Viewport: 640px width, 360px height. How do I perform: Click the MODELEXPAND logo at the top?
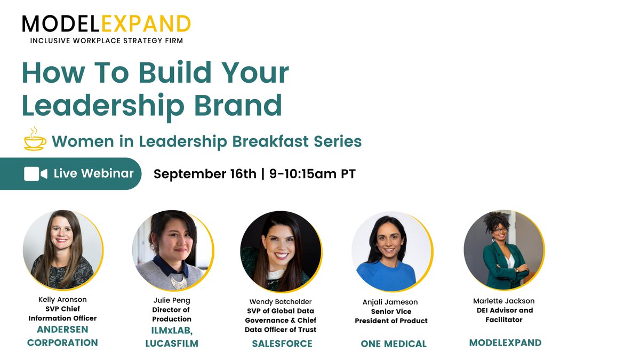point(106,23)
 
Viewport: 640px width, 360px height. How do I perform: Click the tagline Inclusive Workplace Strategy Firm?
point(106,41)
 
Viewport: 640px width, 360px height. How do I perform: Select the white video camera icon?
point(36,174)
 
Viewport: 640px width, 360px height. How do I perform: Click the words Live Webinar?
point(93,173)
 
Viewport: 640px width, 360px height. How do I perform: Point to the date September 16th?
point(205,174)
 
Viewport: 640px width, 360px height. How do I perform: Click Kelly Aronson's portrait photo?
point(62,250)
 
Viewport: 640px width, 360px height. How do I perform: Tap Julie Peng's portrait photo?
point(172,250)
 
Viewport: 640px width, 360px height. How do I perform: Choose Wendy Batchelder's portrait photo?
point(281,251)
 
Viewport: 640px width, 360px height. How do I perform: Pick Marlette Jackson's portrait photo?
point(503,250)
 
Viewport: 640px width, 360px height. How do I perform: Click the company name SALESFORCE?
point(282,343)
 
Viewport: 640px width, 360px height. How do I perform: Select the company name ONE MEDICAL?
point(394,344)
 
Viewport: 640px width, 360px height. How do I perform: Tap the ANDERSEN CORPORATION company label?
point(62,336)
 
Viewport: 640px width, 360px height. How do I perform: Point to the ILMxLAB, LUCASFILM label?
point(172,337)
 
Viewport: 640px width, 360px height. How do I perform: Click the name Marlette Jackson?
point(503,301)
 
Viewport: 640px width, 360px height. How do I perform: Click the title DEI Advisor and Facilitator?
point(503,315)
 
